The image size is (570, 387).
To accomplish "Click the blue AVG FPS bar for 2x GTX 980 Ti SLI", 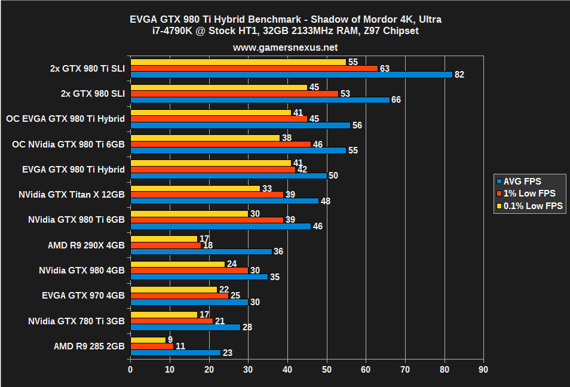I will (291, 75).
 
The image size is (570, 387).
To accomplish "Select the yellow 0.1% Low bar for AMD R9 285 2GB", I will (148, 340).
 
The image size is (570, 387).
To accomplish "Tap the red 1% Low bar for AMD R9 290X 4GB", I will (166, 245).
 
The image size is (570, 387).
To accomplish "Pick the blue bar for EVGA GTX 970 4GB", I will (189, 302).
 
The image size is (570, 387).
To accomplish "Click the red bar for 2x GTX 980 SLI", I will (234, 94).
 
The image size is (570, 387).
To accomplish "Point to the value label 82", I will (459, 75).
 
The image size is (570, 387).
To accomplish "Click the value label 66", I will (396, 100).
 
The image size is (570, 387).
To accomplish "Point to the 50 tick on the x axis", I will (327, 370).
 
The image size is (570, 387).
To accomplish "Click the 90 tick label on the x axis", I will (483, 370).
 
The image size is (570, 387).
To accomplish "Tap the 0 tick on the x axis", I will (130, 370).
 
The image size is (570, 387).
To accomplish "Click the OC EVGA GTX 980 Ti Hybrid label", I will (65, 119).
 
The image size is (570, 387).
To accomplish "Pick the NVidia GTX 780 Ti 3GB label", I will (76, 321).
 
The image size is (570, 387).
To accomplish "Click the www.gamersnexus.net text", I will (285, 47).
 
